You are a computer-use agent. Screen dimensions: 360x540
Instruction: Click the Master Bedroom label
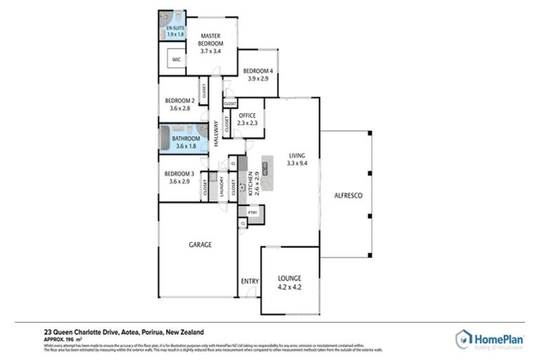pos(211,43)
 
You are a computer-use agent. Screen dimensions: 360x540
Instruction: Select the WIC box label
pos(176,60)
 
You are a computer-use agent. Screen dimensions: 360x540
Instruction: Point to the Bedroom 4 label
pos(257,71)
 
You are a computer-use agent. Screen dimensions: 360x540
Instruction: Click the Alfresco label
pos(347,195)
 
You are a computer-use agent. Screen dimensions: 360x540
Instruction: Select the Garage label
pos(200,245)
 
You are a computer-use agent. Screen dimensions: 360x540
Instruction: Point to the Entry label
pos(250,282)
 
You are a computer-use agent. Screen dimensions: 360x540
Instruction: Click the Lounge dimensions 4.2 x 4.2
pos(290,287)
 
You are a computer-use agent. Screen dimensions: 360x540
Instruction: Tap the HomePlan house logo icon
pos(462,338)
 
